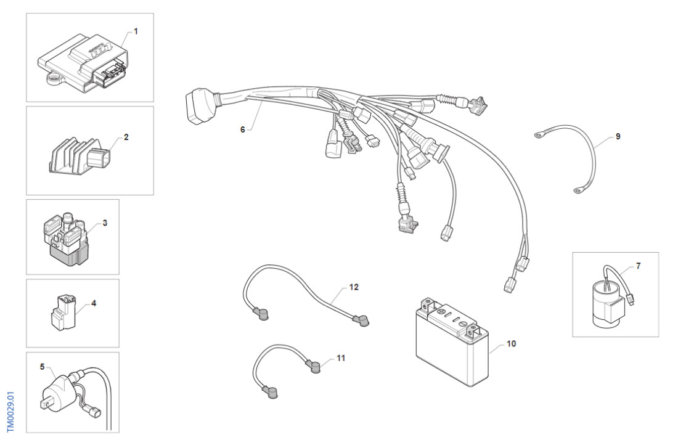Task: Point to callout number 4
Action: (94, 303)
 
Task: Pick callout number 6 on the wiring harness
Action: (242, 129)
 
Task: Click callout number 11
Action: (341, 357)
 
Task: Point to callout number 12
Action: (353, 287)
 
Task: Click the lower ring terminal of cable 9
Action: (577, 191)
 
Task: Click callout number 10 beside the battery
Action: (511, 344)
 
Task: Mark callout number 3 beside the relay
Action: (105, 223)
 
